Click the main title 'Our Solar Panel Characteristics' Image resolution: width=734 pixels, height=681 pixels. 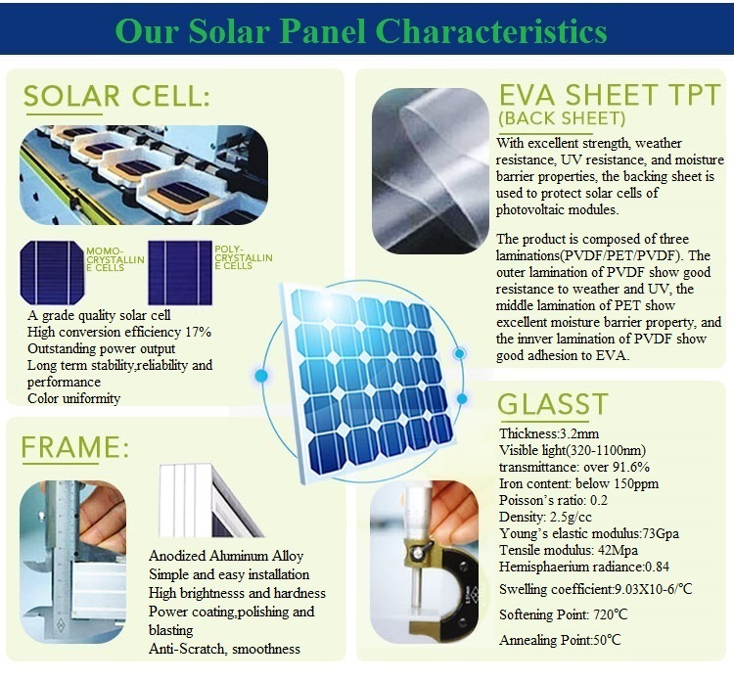(361, 31)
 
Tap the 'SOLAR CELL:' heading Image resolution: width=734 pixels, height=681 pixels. (117, 97)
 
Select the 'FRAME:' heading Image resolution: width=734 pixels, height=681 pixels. (75, 447)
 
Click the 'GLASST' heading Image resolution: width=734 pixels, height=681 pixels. (552, 404)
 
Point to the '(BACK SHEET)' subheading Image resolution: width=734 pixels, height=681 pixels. (562, 118)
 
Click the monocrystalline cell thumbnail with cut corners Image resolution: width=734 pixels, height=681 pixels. (52, 272)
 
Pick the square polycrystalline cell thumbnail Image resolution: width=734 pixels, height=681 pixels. (180, 272)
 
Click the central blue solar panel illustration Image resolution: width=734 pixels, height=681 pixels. (368, 382)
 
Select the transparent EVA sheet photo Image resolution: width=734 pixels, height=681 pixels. (431, 171)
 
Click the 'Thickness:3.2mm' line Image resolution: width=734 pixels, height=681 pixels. (549, 433)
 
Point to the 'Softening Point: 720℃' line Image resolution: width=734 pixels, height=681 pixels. (563, 614)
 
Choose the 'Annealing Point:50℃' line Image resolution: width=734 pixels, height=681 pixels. (560, 640)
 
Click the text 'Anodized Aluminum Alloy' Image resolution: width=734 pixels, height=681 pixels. (226, 556)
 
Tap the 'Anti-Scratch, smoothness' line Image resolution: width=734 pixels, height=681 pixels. (225, 649)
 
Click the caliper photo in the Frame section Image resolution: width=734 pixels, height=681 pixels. (73, 562)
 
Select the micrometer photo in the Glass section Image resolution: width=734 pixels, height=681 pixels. (424, 562)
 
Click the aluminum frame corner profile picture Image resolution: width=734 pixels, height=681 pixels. (211, 500)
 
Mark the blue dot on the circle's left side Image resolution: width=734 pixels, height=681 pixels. (261, 376)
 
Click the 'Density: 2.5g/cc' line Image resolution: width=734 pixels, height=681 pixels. (545, 517)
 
